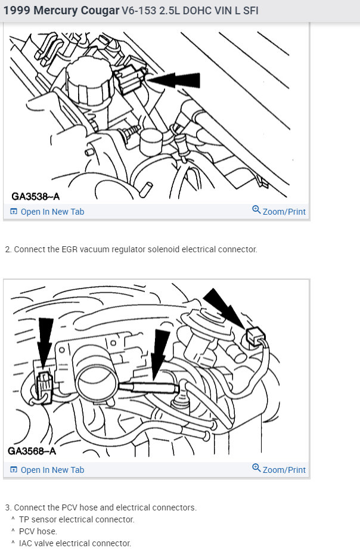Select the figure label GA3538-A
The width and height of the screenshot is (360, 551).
36,196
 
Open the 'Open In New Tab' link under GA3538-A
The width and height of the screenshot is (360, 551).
47,212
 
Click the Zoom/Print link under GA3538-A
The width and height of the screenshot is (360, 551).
279,212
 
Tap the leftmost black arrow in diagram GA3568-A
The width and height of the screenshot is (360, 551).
45,340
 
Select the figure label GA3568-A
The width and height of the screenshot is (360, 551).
32,451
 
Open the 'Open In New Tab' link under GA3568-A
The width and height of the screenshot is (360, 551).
47,470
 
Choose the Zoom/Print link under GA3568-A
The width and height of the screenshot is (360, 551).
279,470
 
